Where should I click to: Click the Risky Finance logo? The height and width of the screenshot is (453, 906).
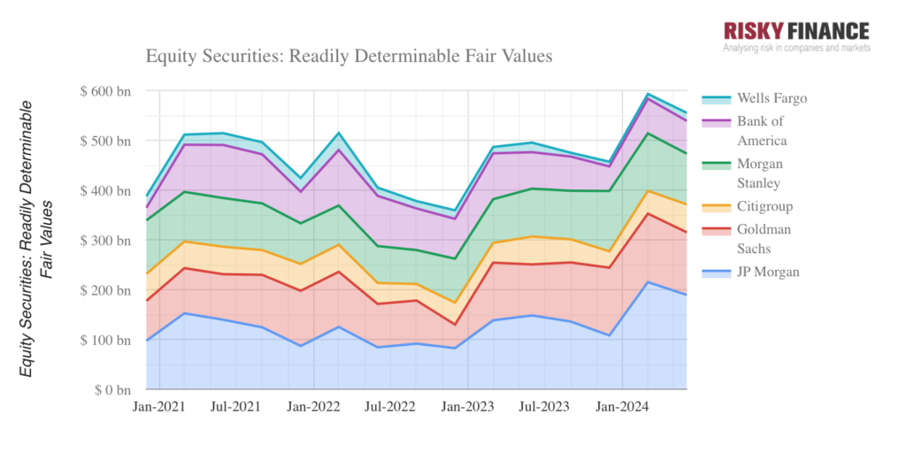click(x=796, y=32)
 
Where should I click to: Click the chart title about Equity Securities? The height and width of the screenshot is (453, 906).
click(x=349, y=57)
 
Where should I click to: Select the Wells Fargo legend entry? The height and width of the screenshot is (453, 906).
click(x=766, y=98)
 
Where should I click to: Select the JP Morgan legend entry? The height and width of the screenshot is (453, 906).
click(x=766, y=272)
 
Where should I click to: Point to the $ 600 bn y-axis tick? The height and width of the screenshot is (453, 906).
click(x=105, y=91)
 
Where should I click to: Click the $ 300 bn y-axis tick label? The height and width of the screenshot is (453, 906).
click(x=105, y=241)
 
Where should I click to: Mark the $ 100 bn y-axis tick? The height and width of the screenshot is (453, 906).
click(x=105, y=340)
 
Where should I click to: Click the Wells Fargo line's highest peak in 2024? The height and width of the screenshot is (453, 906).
click(x=649, y=94)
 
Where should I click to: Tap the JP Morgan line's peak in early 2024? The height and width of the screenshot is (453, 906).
click(x=649, y=282)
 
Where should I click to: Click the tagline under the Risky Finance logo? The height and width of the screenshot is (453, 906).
click(x=796, y=48)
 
